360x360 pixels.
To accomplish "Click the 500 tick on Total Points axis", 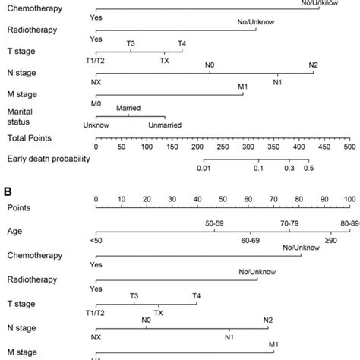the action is click(x=348, y=149).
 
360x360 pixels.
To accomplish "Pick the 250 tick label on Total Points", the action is click(x=222, y=149).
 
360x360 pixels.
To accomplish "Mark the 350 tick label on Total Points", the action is click(x=272, y=149).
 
